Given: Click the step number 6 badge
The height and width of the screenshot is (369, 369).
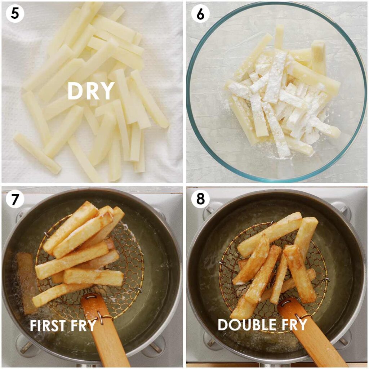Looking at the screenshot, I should pyautogui.click(x=200, y=14).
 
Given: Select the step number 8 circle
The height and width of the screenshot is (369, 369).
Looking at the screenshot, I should pyautogui.click(x=200, y=199).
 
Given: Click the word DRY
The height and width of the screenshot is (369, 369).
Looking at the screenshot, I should pyautogui.click(x=91, y=91).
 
